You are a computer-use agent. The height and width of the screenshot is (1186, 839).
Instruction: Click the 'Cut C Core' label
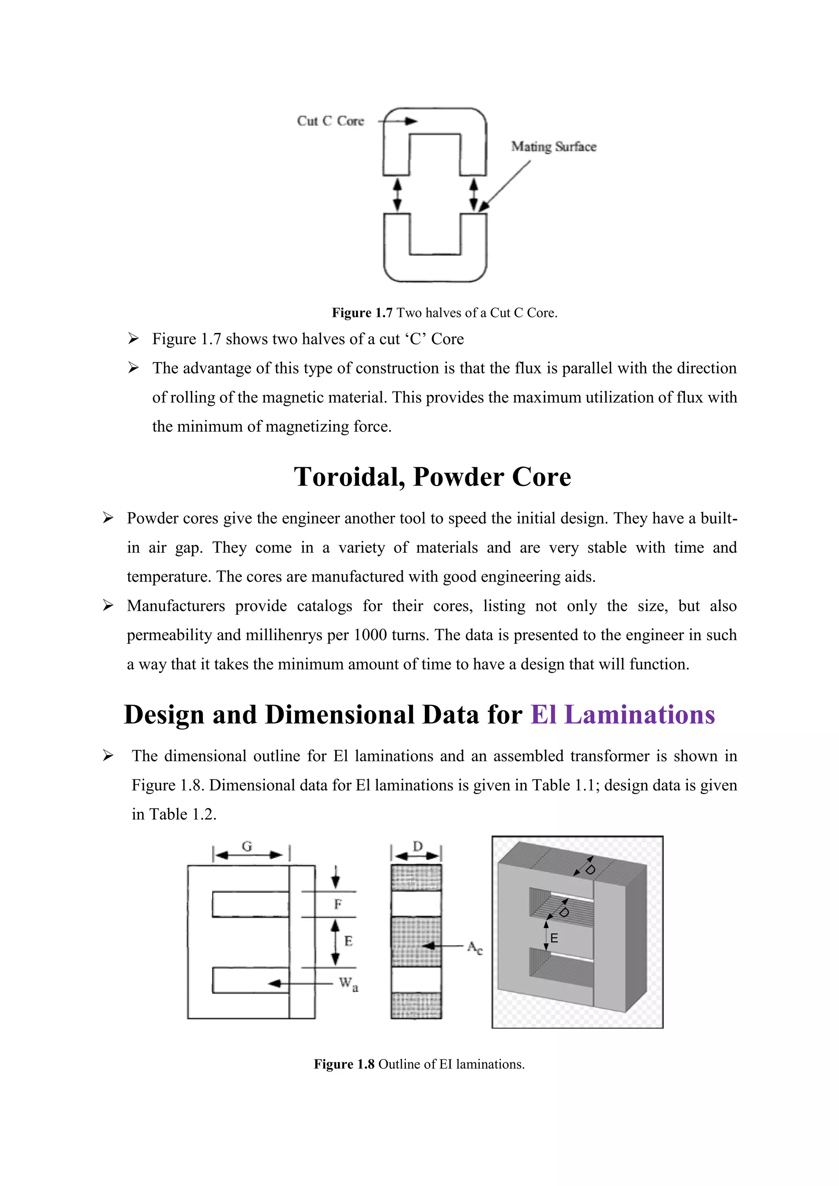coord(330,121)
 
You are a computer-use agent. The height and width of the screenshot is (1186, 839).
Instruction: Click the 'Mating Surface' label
coord(553,147)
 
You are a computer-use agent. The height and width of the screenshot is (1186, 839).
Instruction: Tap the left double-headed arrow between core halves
coord(397,195)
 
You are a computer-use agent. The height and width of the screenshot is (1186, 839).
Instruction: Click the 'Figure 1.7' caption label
coord(362,312)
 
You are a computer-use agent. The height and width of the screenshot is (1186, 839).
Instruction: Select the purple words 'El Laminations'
coord(623,715)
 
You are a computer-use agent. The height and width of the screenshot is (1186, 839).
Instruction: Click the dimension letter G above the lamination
coord(247,846)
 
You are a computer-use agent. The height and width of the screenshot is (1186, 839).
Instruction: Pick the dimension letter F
coord(338,904)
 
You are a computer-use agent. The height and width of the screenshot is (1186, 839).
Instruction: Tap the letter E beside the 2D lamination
coord(348,941)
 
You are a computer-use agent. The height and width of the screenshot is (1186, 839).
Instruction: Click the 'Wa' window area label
coord(348,984)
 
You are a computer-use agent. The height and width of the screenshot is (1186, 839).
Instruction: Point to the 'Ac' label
coord(474,947)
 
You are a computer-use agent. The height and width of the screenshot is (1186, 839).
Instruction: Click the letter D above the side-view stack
coord(418,846)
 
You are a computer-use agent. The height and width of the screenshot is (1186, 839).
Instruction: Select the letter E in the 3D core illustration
coord(554,938)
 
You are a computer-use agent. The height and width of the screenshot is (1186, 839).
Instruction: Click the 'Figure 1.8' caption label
coord(344,1064)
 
